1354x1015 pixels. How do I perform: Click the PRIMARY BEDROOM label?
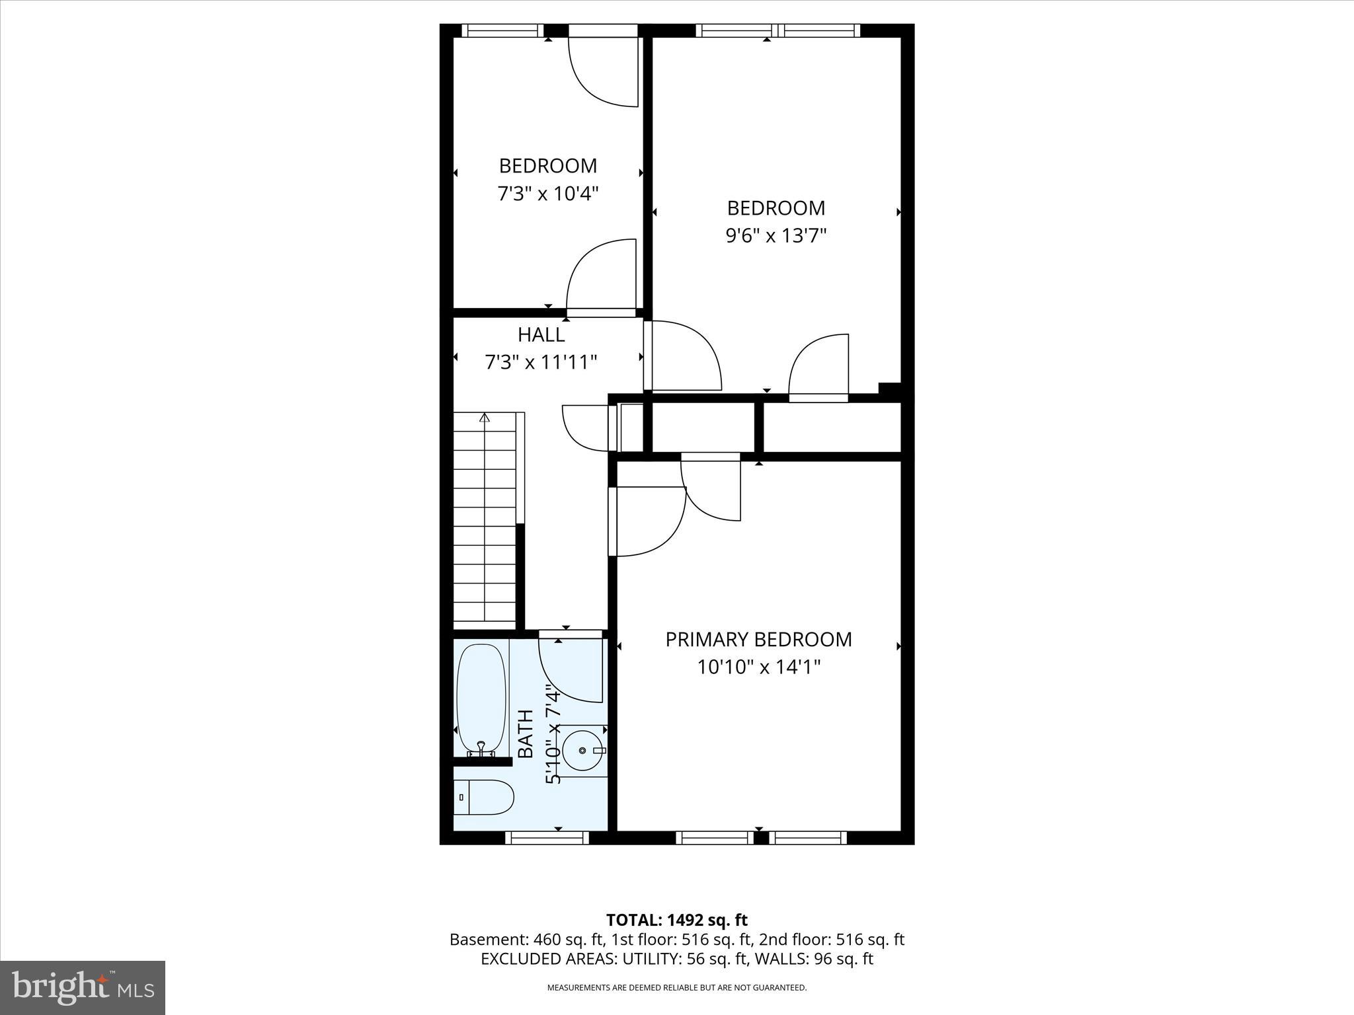point(758,639)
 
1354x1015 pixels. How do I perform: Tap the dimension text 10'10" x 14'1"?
point(758,667)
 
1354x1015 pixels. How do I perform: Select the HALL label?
point(541,334)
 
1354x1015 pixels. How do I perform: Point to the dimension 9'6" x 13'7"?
point(776,236)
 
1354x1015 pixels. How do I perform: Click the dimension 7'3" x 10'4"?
point(547,194)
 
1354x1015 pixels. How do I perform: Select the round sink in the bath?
point(583,750)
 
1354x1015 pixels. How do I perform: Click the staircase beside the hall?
point(485,522)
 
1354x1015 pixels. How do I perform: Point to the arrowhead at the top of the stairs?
point(485,418)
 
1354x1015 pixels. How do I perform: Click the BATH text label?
point(525,733)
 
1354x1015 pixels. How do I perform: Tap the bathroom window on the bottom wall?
point(547,838)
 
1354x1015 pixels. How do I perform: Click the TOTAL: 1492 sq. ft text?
point(676,920)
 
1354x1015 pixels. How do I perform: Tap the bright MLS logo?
point(83,987)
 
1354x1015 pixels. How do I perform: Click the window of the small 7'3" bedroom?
point(502,30)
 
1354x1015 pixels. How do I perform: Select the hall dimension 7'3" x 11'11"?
point(541,362)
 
